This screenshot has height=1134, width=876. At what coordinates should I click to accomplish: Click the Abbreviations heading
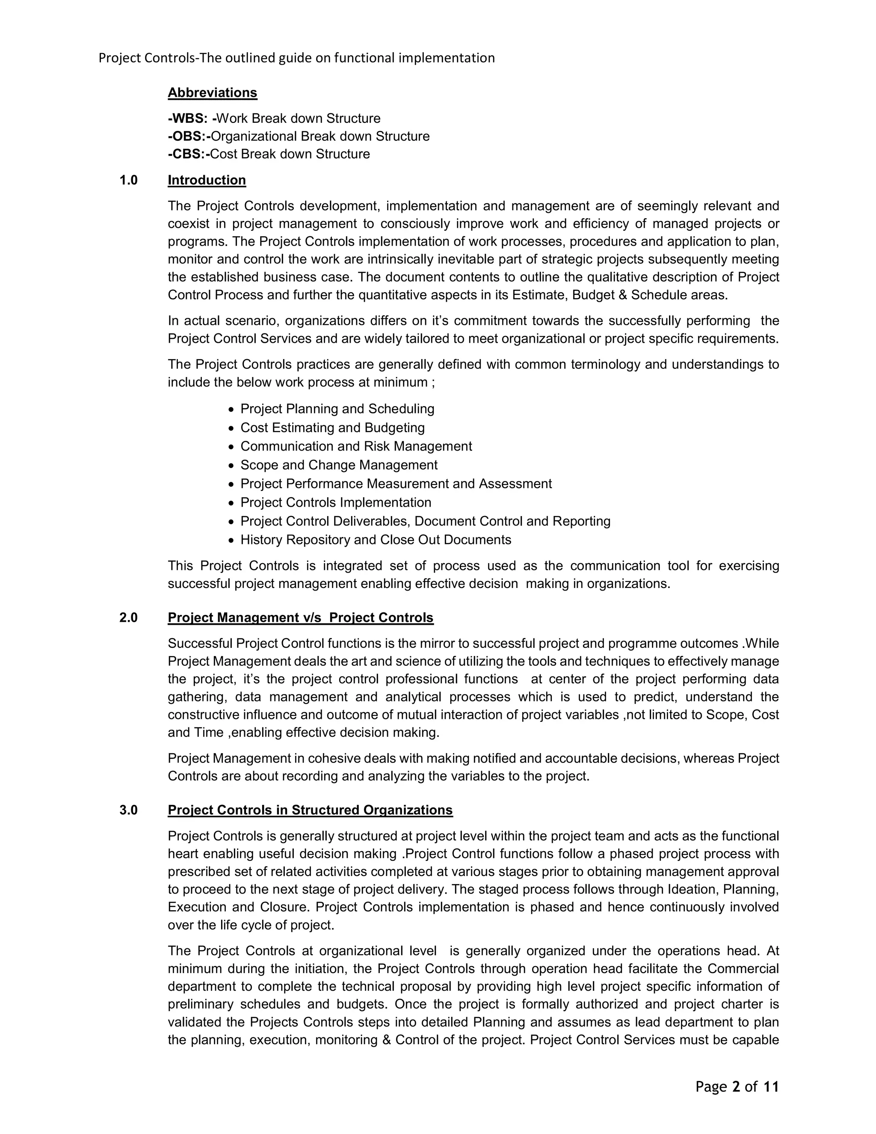pos(212,93)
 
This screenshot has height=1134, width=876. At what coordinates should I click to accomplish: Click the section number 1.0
pos(129,180)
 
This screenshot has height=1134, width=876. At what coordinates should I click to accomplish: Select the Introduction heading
pos(207,180)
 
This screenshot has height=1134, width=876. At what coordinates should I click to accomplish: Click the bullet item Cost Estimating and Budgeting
pos(332,428)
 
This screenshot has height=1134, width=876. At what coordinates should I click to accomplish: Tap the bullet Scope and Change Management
pos(339,465)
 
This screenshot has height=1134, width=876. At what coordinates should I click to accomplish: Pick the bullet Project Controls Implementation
pos(336,503)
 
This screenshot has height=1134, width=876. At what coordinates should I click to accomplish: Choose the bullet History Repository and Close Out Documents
pos(376,540)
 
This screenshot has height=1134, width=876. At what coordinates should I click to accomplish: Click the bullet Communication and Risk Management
pos(356,446)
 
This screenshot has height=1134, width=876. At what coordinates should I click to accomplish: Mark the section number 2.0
pos(129,618)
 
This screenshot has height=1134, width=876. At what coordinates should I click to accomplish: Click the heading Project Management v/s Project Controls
pos(300,618)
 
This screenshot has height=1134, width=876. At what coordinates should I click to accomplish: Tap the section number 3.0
pos(129,810)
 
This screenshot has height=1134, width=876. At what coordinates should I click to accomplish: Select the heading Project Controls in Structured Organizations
pos(310,810)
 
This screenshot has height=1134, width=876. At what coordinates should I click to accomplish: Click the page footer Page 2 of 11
pos(737,1087)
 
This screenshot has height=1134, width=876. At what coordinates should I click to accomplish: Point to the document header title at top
pos(296,58)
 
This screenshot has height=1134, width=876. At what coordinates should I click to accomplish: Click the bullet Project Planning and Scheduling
pos(337,409)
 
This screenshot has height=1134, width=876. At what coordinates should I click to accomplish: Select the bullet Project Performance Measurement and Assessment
pos(396,484)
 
